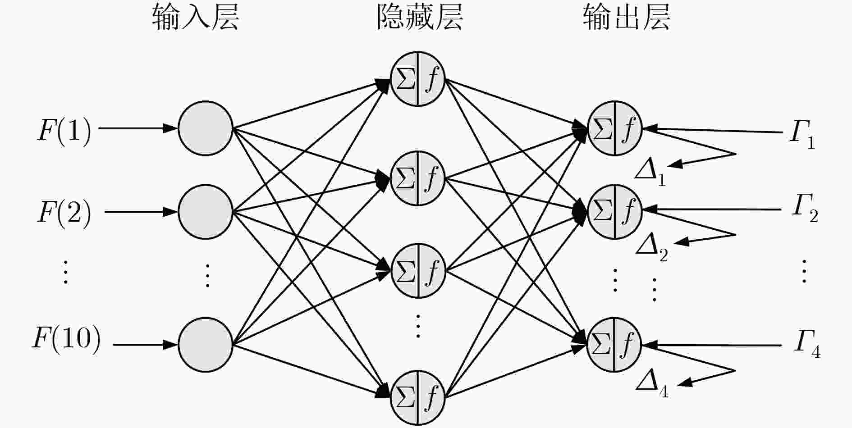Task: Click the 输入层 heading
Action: coord(195,18)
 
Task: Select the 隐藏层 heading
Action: coord(420,18)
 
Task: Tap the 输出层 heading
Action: coord(627,18)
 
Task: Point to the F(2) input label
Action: coord(64,212)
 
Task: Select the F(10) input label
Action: coord(66,339)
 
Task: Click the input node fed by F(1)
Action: coord(206,128)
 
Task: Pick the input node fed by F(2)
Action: coord(206,211)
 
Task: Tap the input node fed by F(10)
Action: coord(206,345)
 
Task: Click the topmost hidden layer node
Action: coord(417,79)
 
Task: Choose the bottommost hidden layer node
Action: coord(417,398)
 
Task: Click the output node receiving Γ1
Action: coord(614,128)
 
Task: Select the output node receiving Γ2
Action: coord(614,211)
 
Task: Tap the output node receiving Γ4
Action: coord(614,345)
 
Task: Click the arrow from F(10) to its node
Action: coord(145,345)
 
